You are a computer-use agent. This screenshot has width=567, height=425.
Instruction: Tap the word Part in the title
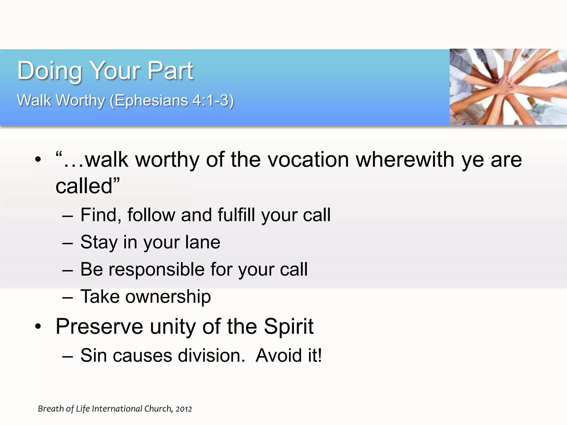(170, 71)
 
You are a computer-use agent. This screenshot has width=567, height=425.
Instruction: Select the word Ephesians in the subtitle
(151, 100)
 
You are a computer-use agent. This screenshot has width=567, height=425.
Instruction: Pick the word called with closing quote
(87, 186)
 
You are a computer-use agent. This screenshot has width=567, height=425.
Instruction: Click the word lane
(203, 242)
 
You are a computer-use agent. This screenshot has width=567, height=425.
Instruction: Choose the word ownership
(168, 297)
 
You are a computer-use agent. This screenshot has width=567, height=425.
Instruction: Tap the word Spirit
(288, 326)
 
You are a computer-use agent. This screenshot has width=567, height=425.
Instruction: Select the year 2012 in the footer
(184, 409)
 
